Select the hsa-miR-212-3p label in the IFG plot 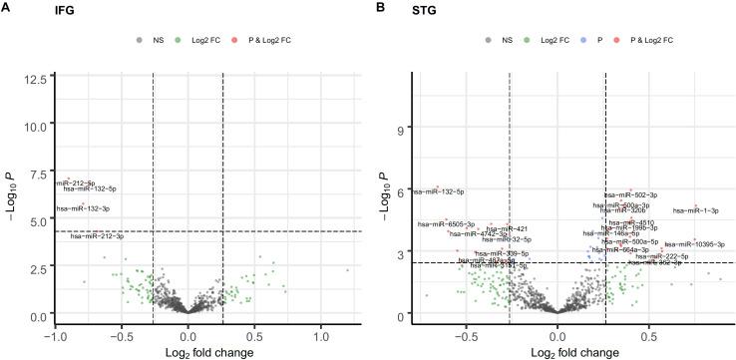pyautogui.click(x=97, y=236)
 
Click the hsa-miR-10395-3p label pyautogui.click(x=695, y=243)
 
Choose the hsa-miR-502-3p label pyautogui.click(x=631, y=195)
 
